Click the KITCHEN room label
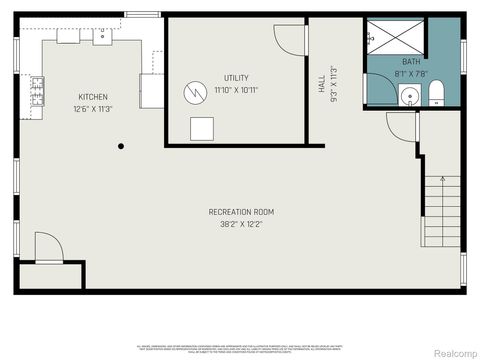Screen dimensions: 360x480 [93, 97]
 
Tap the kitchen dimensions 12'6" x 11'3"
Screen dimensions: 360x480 [93, 110]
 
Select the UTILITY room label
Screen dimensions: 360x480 [237, 78]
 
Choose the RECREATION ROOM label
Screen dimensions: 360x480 [241, 212]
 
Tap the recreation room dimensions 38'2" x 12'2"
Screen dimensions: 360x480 [241, 225]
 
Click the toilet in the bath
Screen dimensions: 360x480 [437, 96]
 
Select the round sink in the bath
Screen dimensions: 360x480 [408, 97]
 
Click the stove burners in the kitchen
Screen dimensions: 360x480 [38, 92]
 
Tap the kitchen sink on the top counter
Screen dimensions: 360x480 [101, 37]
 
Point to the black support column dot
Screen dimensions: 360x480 [121, 146]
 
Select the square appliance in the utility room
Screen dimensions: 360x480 [203, 129]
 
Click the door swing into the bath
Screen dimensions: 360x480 [400, 126]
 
